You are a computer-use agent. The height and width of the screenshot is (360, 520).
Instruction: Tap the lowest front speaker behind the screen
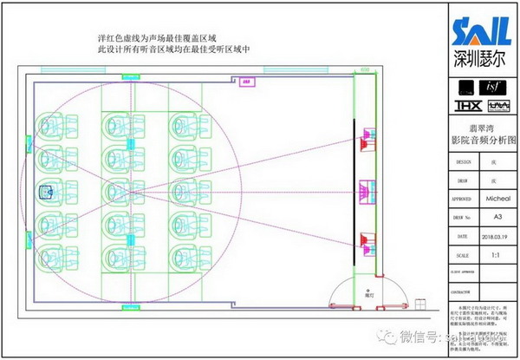pos(367,239)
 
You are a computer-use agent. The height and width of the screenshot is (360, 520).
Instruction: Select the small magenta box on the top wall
pos(246,82)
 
